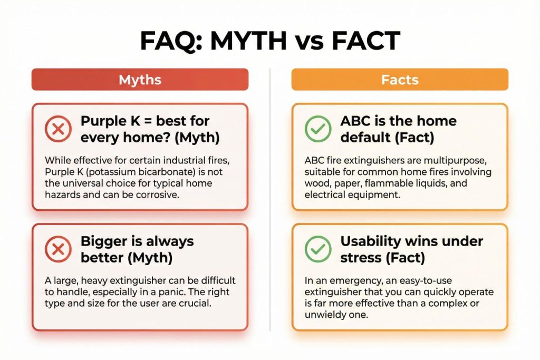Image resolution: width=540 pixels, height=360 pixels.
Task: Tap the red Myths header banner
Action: pos(140,80)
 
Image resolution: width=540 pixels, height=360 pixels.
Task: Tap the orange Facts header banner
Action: pos(400,80)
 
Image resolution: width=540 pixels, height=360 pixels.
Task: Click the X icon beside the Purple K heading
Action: pos(59,129)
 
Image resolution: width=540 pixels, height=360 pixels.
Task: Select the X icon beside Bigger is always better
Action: pos(59,249)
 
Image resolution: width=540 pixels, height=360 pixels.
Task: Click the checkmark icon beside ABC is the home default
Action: pos(318,129)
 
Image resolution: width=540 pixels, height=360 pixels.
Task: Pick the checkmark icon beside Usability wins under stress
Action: pos(318,249)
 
